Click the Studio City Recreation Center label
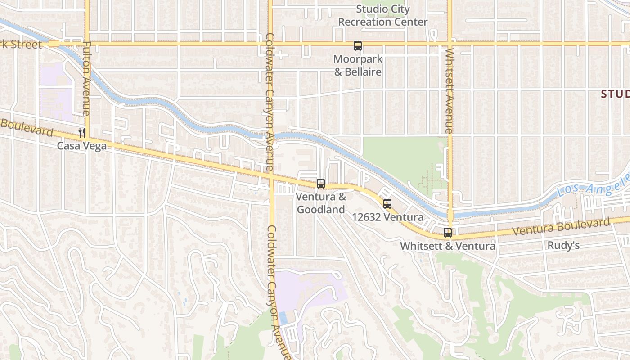pos(382,15)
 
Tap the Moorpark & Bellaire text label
pos(358,65)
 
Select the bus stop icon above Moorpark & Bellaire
pos(358,46)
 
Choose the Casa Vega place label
pos(81,146)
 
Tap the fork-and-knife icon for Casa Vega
pos(81,132)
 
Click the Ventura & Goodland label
pos(321,203)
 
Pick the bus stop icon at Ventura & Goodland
pos(321,184)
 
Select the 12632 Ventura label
pos(387,217)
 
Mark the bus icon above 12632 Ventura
pos(387,204)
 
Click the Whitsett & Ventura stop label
pos(447,246)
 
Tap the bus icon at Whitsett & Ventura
pos(447,233)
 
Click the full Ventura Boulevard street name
pos(561,227)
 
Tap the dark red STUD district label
pos(615,94)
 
